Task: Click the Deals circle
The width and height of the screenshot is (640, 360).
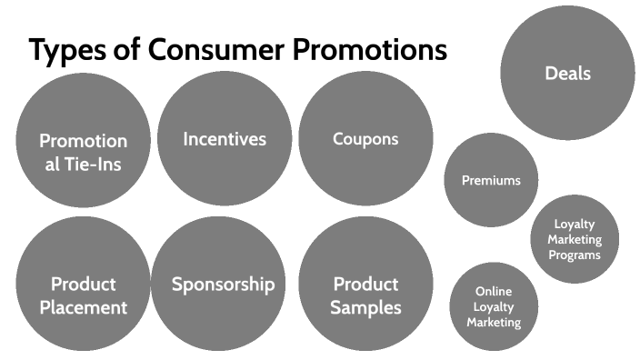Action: click(x=567, y=73)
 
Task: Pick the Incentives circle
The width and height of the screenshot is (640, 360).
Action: click(x=225, y=139)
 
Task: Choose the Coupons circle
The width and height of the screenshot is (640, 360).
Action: click(x=365, y=139)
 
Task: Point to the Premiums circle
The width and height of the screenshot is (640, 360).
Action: click(x=491, y=180)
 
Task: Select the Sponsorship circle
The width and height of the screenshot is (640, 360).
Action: click(x=223, y=284)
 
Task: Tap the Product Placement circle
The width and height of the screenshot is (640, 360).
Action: click(x=83, y=295)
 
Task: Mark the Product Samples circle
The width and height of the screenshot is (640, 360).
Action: click(x=365, y=295)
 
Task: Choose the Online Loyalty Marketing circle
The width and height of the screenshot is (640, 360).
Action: click(x=494, y=306)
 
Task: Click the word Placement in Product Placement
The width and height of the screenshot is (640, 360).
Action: click(x=83, y=307)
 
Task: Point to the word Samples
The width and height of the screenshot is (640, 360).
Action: click(x=365, y=307)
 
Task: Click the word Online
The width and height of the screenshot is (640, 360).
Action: click(x=494, y=291)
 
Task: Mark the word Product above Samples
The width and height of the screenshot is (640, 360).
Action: click(x=365, y=284)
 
